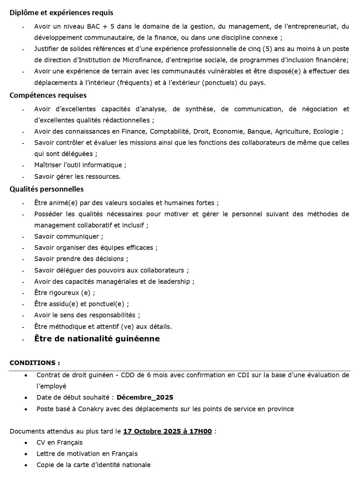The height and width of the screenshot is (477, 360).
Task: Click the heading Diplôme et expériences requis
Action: click(x=61, y=12)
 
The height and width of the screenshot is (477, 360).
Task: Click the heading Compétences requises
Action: click(x=48, y=95)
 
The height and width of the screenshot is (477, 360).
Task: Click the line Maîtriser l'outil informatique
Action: click(x=80, y=165)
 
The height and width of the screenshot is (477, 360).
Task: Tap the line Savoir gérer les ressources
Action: click(x=77, y=177)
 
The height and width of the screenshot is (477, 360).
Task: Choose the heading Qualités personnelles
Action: click(x=47, y=189)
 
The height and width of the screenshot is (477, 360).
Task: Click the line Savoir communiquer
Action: click(x=69, y=236)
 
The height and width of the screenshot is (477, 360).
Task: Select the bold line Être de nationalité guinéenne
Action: click(x=97, y=339)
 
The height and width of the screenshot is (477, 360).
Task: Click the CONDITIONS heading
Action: click(x=35, y=363)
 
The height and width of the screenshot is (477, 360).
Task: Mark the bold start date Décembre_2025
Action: click(x=145, y=397)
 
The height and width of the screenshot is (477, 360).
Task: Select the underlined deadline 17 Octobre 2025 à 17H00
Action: click(x=168, y=431)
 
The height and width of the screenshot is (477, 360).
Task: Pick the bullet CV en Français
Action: click(x=60, y=442)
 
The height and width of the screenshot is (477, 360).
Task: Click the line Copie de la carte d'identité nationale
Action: click(x=93, y=465)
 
